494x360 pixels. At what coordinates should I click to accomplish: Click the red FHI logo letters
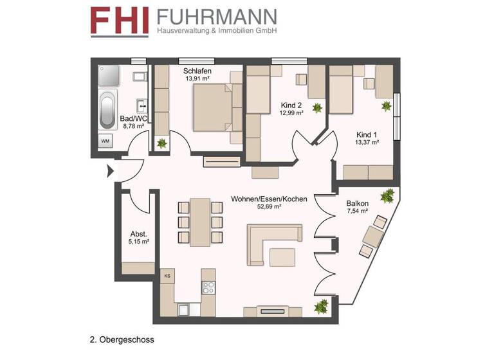(121, 20)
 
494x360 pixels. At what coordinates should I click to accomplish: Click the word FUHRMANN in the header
(217, 15)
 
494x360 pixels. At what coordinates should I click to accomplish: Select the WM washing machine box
(105, 141)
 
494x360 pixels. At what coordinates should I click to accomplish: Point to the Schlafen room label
(198, 71)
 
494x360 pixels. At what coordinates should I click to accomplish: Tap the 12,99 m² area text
(291, 113)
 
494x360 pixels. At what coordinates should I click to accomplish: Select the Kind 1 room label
(367, 134)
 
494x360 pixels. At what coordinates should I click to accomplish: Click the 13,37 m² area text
(367, 142)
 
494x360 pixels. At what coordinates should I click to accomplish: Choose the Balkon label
(358, 203)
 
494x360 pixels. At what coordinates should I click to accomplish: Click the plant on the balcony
(388, 195)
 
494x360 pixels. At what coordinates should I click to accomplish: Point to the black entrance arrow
(110, 170)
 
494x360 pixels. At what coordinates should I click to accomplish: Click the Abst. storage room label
(138, 234)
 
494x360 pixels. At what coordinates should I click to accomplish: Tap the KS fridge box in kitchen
(167, 276)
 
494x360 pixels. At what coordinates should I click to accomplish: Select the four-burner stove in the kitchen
(208, 288)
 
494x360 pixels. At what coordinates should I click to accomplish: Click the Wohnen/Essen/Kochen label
(269, 199)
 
